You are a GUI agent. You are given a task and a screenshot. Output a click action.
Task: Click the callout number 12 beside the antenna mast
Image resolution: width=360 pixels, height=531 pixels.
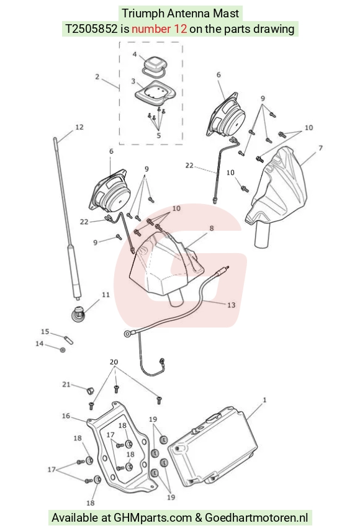click(79, 127)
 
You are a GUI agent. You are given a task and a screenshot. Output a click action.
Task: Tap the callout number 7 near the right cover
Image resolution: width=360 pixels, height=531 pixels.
click(320, 148)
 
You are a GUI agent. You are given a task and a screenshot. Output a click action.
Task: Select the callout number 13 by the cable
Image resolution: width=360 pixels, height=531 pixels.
click(231, 305)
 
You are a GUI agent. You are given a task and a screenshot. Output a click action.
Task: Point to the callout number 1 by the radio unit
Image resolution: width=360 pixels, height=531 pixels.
click(265, 400)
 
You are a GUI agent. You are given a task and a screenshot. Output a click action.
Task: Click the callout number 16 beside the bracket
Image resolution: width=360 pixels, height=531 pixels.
click(66, 416)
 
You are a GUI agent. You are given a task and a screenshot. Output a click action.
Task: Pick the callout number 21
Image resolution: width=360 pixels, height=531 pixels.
click(66, 385)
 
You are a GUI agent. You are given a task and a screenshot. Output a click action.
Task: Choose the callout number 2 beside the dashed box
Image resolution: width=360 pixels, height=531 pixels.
click(97, 77)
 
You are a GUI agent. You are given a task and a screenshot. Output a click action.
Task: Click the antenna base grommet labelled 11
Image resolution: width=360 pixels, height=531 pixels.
click(78, 314)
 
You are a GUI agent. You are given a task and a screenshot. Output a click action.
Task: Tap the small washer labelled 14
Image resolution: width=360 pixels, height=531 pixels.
click(63, 349)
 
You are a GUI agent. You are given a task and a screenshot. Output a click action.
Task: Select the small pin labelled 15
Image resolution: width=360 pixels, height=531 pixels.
click(69, 339)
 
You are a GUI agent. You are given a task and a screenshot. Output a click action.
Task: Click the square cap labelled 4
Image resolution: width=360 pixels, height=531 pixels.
click(154, 65)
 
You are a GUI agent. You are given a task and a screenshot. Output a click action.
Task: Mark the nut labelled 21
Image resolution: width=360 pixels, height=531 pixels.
click(89, 391)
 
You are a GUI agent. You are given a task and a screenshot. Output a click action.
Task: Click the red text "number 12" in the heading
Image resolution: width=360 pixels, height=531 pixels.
click(159, 29)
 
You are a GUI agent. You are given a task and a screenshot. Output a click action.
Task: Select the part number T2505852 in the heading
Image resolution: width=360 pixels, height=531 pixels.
click(91, 29)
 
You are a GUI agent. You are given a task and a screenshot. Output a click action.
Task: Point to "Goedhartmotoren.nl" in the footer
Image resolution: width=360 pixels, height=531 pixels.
click(256, 518)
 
